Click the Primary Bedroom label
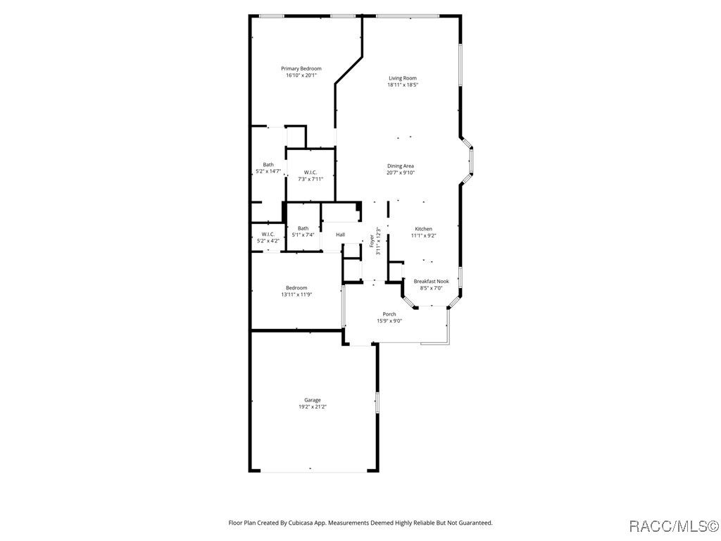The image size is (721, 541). [301, 68]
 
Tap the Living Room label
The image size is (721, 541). [402, 78]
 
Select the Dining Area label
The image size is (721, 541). [401, 166]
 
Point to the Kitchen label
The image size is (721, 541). [423, 229]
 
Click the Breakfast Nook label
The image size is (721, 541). [432, 281]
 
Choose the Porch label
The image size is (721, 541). [389, 314]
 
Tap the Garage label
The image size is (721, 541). [312, 400]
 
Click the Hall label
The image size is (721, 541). [340, 235]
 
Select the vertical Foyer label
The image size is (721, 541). [372, 241]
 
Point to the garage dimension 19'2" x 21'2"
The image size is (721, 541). [313, 406]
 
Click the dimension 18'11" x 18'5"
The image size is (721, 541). [402, 85]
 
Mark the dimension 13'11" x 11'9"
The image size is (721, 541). [296, 294]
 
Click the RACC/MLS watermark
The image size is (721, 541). [673, 526]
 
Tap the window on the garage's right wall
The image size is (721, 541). [377, 402]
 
